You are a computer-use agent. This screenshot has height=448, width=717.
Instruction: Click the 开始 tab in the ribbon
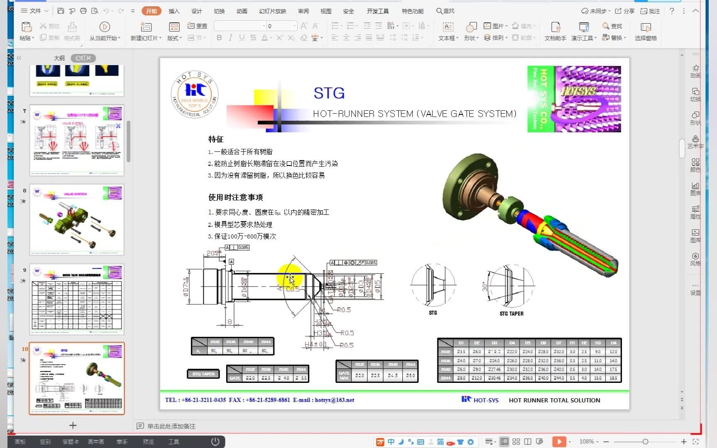pyautogui.click(x=151, y=11)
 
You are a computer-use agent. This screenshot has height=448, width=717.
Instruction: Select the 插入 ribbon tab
pyautogui.click(x=174, y=11)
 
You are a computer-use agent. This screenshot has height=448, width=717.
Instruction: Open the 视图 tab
pyautogui.click(x=326, y=11)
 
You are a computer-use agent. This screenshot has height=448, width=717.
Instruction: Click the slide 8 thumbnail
pyautogui.click(x=77, y=219)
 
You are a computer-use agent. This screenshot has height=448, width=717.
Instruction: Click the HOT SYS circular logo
pyautogui.click(x=195, y=95)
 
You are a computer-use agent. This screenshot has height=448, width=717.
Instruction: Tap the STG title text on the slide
pyautogui.click(x=329, y=93)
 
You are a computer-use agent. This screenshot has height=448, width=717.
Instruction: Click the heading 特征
pyautogui.click(x=216, y=139)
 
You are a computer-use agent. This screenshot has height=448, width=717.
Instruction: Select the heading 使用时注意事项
pyautogui.click(x=235, y=197)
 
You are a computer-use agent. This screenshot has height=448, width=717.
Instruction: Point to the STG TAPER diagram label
pyautogui.click(x=511, y=314)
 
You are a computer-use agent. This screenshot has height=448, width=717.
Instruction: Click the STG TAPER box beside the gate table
pyautogui.click(x=203, y=374)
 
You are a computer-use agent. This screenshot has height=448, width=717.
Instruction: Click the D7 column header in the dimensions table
pyautogui.click(x=558, y=343)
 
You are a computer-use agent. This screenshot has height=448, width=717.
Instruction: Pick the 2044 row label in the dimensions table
pyautogui.click(x=446, y=378)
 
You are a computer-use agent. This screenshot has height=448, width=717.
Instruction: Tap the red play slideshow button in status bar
pyautogui.click(x=559, y=441)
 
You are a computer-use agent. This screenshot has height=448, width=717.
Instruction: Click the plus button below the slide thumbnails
pyautogui.click(x=73, y=425)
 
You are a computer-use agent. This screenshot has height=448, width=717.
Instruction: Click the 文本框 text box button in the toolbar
pyautogui.click(x=448, y=31)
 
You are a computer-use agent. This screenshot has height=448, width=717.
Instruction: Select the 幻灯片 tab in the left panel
pyautogui.click(x=83, y=58)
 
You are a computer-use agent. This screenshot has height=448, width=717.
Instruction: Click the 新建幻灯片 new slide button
pyautogui.click(x=146, y=31)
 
